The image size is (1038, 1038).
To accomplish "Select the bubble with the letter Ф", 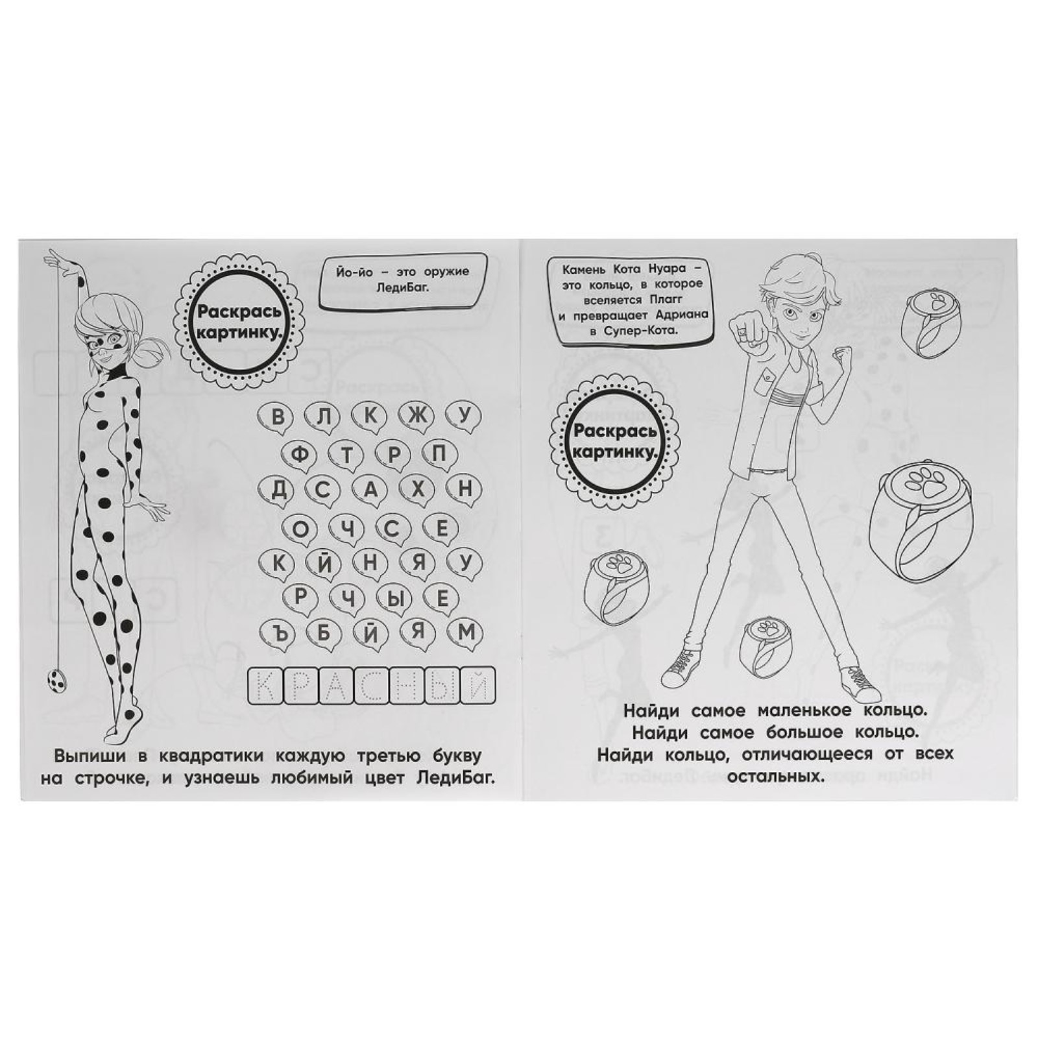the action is coord(300,454).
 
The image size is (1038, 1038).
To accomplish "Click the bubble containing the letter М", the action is coord(466,633).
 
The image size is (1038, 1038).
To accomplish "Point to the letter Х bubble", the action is coord(418,490).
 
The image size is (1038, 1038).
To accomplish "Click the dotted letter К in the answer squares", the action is coord(266,686).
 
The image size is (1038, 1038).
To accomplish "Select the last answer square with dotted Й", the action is coord(477,686).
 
